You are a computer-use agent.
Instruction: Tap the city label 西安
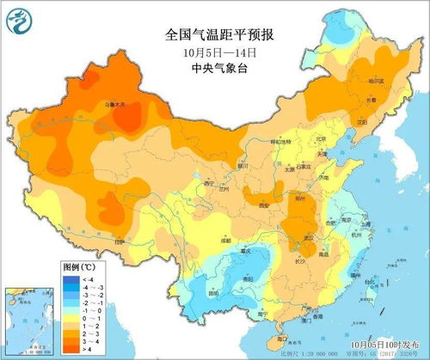click(264, 206)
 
